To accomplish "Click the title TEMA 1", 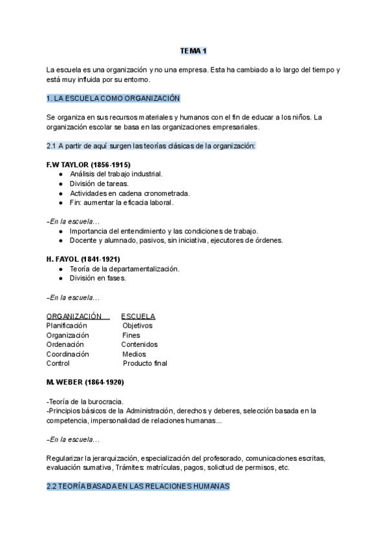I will [x=193, y=50].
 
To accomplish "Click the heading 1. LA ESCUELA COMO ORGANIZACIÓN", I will [x=113, y=98].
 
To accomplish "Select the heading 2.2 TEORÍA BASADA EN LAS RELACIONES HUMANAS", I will [x=138, y=487].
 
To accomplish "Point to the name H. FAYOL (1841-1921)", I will [x=83, y=259].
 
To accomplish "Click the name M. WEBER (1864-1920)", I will [x=85, y=382].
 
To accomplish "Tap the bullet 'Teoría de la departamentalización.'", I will [x=124, y=268].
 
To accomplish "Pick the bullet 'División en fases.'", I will [x=98, y=278].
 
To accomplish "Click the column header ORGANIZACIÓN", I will [x=74, y=316].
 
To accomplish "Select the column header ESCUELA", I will [x=138, y=316].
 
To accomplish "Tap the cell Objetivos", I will [x=137, y=326].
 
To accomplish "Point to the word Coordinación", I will [x=68, y=354].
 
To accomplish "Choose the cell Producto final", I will [x=145, y=363].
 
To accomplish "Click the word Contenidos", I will [x=139, y=344].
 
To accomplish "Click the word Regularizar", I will [x=67, y=458].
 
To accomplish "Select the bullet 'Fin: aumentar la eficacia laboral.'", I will [x=122, y=202].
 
